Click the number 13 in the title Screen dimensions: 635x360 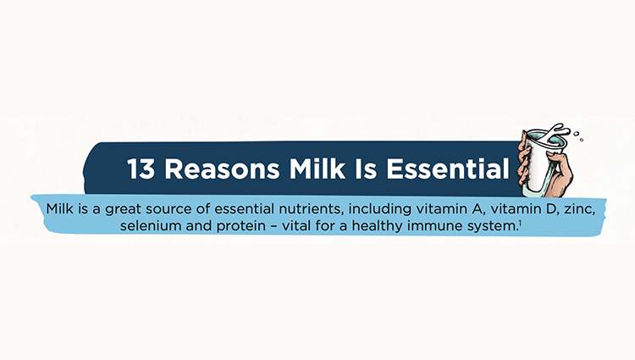(141, 169)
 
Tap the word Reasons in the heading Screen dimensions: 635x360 (222, 169)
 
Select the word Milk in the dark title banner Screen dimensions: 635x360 (317, 168)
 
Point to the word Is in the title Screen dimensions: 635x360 (366, 168)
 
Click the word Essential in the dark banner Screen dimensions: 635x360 (448, 168)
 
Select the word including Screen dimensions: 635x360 (380, 209)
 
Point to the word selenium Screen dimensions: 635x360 (151, 225)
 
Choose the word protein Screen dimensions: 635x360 (241, 226)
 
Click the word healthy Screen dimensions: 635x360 (377, 226)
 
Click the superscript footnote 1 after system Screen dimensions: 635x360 (520, 222)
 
